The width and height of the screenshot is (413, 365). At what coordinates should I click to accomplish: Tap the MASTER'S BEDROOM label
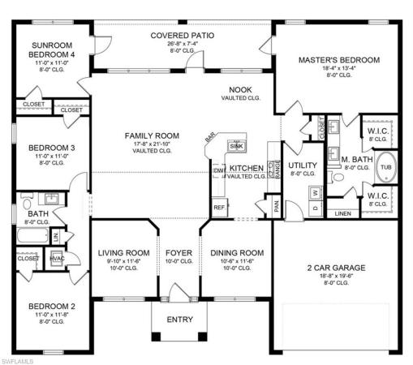[338, 61]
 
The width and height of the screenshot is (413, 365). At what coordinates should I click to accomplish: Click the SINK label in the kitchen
[235, 146]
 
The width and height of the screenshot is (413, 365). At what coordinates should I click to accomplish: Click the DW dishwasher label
[217, 171]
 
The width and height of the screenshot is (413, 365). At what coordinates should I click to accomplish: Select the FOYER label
[179, 253]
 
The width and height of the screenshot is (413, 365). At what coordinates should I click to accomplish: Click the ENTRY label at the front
[179, 320]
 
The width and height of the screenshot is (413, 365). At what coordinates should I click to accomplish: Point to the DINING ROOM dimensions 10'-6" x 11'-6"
[238, 261]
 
